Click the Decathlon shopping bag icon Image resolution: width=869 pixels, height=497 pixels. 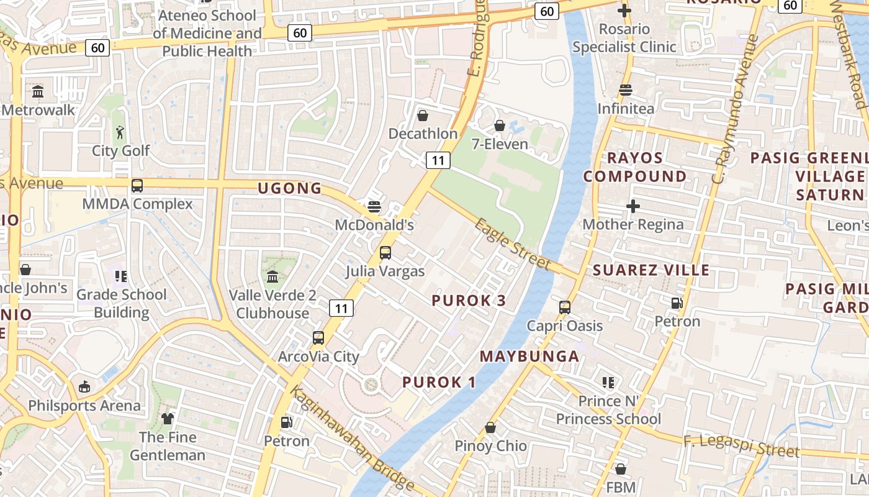pos(423,116)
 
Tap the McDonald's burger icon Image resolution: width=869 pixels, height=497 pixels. pos(374,206)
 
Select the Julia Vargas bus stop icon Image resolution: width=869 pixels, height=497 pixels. pos(385,253)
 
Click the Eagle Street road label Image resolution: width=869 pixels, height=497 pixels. pos(513,244)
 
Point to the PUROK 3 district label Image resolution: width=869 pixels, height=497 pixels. pos(469,301)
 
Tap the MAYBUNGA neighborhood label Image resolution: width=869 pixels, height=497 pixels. pos(529,357)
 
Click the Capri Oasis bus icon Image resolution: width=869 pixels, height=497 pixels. pos(565,308)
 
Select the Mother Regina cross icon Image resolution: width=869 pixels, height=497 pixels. pos(633,206)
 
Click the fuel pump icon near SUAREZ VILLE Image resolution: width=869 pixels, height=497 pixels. pos(677,303)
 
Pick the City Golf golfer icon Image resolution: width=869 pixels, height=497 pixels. pos(120,132)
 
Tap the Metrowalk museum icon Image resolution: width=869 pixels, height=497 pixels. pos(38,92)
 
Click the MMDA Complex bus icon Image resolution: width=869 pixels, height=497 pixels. pos(137,186)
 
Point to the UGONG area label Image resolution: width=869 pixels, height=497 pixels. pos(290,188)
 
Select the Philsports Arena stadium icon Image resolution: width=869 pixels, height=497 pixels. pos(84,387)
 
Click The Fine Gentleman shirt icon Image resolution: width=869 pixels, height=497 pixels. pos(168,419)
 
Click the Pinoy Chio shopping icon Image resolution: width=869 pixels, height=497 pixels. pos(490,427)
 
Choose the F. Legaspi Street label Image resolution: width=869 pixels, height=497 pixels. pos(741,447)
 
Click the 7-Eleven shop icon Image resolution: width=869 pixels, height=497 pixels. pos(500,126)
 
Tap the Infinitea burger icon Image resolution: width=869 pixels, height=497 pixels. pos(626,91)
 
